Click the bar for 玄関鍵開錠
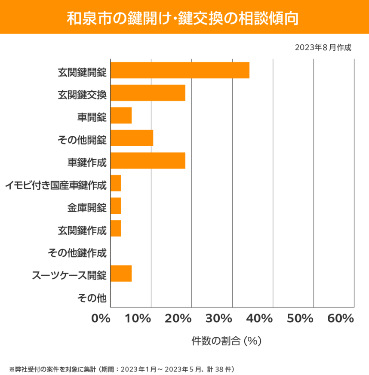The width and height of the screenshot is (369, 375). pyautogui.click(x=180, y=70)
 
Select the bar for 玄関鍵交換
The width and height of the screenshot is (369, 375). pyautogui.click(x=148, y=93)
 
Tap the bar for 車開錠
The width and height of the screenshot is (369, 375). pyautogui.click(x=121, y=116)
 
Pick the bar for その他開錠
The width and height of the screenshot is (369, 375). pyautogui.click(x=132, y=138)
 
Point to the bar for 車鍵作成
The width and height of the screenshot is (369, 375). pyautogui.click(x=148, y=161)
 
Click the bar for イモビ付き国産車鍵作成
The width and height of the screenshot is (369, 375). pyautogui.click(x=116, y=183)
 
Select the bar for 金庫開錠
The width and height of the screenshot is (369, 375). pyautogui.click(x=116, y=206)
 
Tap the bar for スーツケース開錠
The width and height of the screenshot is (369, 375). pyautogui.click(x=121, y=274)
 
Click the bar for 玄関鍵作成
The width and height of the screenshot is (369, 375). pyautogui.click(x=116, y=228)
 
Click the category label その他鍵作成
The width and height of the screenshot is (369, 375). pyautogui.click(x=77, y=252)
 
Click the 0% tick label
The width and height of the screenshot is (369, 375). pyautogui.click(x=101, y=319)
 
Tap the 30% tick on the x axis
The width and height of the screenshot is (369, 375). pyautogui.click(x=219, y=319)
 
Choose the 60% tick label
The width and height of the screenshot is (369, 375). pyautogui.click(x=341, y=319)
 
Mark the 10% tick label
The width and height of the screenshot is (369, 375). pyautogui.click(x=138, y=319)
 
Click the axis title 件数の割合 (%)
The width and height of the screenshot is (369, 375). pyautogui.click(x=226, y=341)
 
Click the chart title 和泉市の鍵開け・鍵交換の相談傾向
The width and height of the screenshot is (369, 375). pyautogui.click(x=184, y=17)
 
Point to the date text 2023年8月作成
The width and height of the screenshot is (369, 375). pyautogui.click(x=323, y=47)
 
